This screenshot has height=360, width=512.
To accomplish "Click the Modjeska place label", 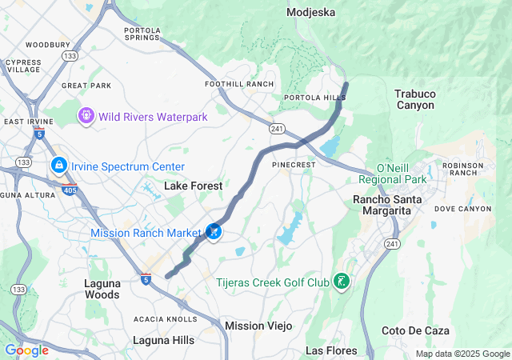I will tap(311, 13).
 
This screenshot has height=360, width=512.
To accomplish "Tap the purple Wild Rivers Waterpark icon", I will tap(86, 117).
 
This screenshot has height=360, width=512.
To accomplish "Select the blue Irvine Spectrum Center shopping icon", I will tap(58, 166).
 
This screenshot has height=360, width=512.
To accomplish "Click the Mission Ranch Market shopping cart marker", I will tap(214, 232).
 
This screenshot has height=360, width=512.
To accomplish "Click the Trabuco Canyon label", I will tap(414, 99).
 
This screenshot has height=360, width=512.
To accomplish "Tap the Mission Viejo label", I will tap(258, 326).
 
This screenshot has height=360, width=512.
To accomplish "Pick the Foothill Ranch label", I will tap(239, 84).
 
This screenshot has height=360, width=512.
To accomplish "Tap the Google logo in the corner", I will tap(26, 350).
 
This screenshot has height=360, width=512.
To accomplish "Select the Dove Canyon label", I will tap(462, 209).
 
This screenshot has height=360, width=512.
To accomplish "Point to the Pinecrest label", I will tap(294, 164).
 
